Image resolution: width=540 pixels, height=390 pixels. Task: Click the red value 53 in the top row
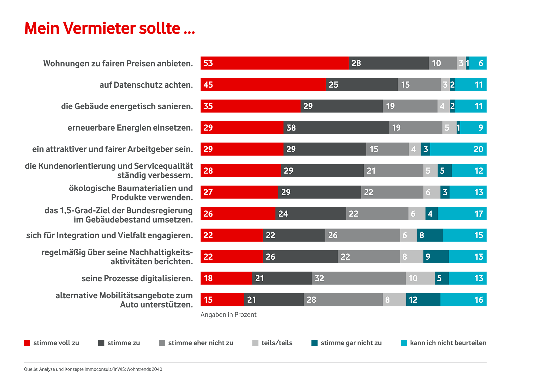208,63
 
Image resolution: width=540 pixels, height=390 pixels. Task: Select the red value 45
208,85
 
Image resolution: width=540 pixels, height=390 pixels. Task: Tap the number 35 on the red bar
208,106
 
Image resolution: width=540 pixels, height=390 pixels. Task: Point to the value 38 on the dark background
291,128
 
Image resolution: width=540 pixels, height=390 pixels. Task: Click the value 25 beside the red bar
333,85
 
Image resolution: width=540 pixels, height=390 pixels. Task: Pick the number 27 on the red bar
208,192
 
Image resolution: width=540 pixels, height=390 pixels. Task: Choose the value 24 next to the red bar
283,214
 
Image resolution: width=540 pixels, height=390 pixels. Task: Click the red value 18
208,278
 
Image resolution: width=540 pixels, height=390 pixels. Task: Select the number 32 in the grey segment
319,278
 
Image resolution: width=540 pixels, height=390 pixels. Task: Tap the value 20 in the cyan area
478,149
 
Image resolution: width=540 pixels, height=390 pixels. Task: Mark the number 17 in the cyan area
479,214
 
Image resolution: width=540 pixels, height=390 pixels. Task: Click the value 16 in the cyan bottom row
479,300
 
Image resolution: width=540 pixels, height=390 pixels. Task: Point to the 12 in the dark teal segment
413,300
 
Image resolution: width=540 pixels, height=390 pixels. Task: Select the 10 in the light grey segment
413,278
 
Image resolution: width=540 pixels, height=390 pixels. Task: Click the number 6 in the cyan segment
481,63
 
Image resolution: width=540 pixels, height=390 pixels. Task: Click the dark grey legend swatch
158,339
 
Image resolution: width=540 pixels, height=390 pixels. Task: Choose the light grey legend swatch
252,340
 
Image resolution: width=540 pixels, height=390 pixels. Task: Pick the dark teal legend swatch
311,338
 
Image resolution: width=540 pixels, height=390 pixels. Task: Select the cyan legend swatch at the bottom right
400,339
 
